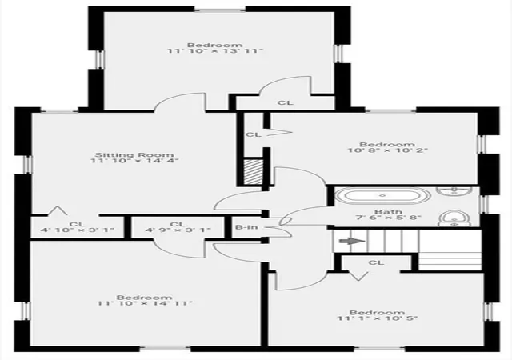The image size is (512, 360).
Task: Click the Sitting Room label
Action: (x=134, y=155)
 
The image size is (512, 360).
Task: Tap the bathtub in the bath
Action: (x=383, y=196)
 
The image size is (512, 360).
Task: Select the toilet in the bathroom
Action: (x=454, y=218)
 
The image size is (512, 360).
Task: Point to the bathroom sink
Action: (x=454, y=190)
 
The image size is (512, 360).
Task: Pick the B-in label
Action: (x=246, y=227)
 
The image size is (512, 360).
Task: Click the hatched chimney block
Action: (x=254, y=172)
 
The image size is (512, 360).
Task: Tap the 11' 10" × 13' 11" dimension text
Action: (x=215, y=51)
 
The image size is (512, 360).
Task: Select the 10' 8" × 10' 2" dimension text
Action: (x=387, y=150)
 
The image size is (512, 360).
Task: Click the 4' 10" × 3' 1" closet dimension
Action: (x=78, y=230)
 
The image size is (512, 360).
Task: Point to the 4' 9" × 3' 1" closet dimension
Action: (x=178, y=230)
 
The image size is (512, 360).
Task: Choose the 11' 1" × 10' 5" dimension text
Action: (x=378, y=318)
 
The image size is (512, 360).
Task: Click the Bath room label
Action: (x=388, y=212)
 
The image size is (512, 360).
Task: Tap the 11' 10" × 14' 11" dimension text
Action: (x=145, y=303)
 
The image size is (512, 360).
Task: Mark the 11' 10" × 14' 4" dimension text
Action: (x=134, y=160)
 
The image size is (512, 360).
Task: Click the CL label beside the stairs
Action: (x=377, y=262)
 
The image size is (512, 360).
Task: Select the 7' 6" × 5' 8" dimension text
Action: (x=388, y=218)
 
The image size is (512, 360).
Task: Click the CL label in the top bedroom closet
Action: (x=286, y=102)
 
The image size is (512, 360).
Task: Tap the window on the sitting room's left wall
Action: (x=29, y=164)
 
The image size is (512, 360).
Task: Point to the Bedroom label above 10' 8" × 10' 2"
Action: (x=387, y=144)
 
